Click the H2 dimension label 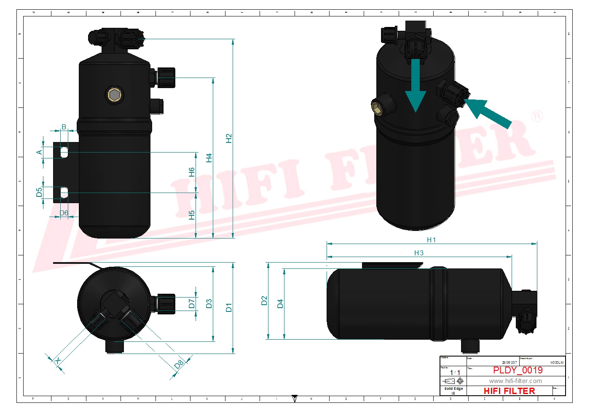[229, 138]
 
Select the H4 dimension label [209, 158]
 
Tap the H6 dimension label [192, 172]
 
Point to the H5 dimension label [192, 215]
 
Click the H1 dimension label [431, 240]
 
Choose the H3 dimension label [418, 253]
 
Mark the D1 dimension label [229, 307]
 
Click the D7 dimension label [192, 303]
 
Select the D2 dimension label [264, 300]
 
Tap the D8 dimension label [180, 364]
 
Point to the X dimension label [58, 361]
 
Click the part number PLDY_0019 [518, 370]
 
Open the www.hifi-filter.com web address [515, 381]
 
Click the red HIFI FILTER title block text [509, 391]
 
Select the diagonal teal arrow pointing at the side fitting [488, 113]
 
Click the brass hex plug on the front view [114, 95]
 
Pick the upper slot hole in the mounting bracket [64, 152]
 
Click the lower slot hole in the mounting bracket [64, 193]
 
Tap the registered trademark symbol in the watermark [537, 116]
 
